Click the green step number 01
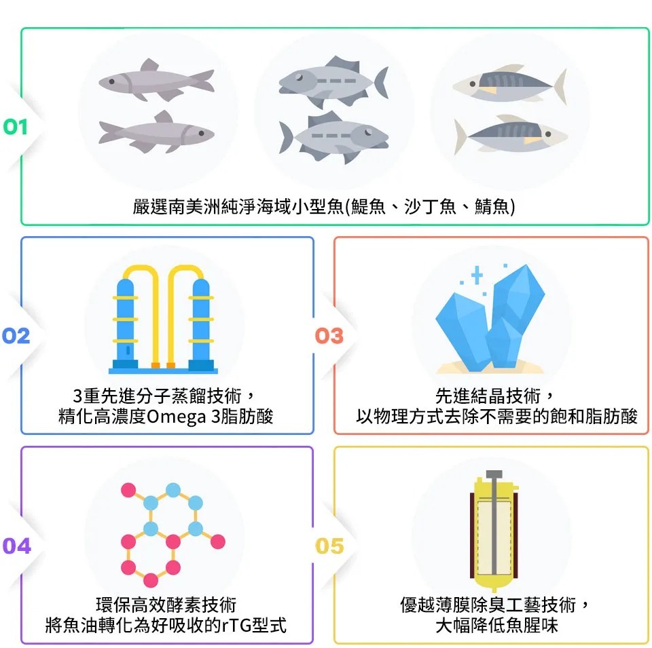coord(16,127)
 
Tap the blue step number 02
coord(16,336)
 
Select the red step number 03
coord(329,336)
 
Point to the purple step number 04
coord(16,546)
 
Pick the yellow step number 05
coord(329,546)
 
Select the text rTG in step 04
coord(234,624)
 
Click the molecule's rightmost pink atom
coord(217,541)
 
